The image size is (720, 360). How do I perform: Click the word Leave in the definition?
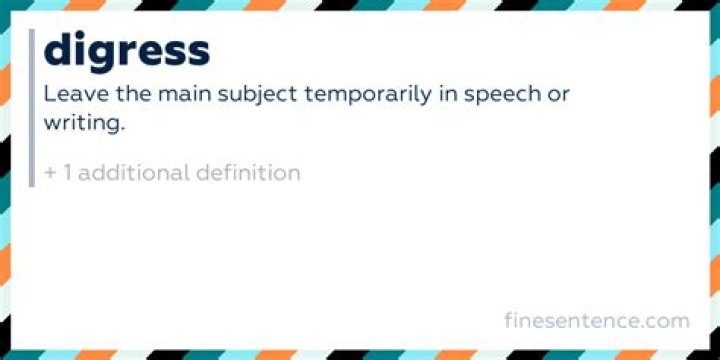[x=72, y=95]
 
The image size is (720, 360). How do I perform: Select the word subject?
[x=248, y=96]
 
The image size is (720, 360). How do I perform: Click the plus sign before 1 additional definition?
[x=51, y=172]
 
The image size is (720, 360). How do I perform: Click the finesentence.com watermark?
[x=597, y=321]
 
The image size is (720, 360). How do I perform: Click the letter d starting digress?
[x=59, y=49]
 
